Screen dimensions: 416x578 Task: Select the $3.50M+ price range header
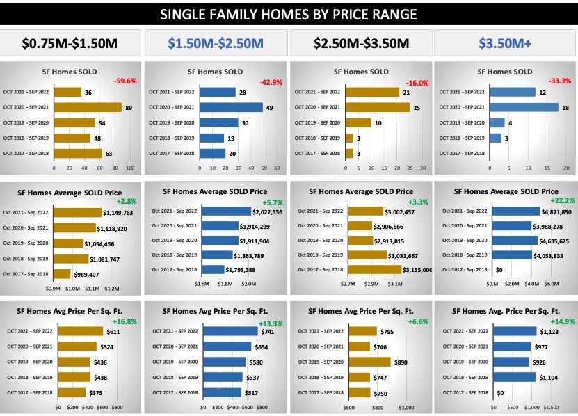click(505, 44)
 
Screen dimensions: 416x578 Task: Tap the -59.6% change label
click(125, 81)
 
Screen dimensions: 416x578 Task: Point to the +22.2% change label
click(560, 201)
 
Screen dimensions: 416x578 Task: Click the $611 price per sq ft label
click(113, 332)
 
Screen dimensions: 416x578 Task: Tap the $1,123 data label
click(549, 332)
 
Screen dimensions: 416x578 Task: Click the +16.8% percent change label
click(125, 321)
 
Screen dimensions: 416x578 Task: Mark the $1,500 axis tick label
click(550, 408)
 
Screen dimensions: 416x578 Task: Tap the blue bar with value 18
click(524, 107)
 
